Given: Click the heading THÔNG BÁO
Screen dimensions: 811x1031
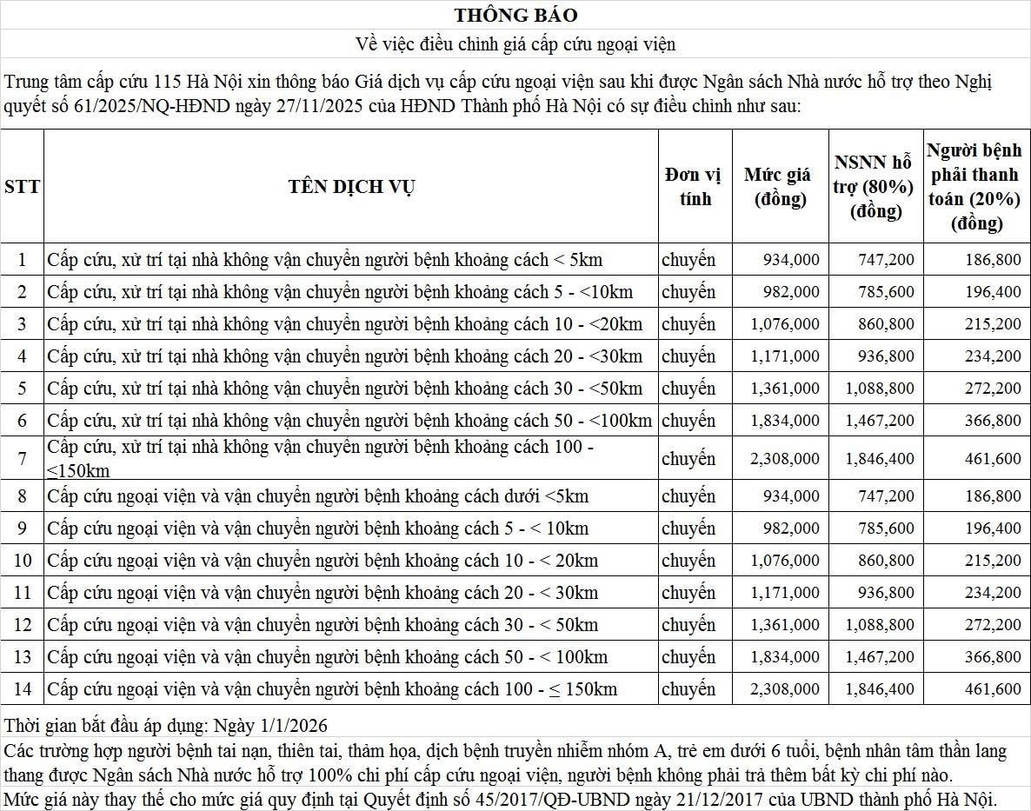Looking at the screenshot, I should click(515, 15).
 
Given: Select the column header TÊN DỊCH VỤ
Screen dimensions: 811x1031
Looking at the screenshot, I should click(351, 187).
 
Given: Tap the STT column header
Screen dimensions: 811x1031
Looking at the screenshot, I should click(22, 187).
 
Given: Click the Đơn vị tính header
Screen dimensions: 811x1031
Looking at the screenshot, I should click(694, 187).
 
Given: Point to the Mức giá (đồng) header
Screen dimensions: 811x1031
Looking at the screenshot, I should click(780, 187).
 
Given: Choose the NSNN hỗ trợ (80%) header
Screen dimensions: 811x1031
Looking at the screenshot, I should click(874, 187).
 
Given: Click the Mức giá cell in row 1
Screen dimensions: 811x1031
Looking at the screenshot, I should click(791, 260).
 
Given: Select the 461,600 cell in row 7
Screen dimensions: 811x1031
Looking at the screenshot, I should click(993, 458).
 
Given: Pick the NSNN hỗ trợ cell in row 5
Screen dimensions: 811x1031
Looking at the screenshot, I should click(880, 389).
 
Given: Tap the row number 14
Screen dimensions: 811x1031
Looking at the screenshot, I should click(22, 689).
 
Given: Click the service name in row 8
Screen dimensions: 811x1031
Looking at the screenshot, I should click(318, 496).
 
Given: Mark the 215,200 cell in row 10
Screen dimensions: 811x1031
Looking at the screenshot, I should click(993, 561).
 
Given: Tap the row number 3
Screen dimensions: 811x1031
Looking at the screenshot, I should click(22, 324).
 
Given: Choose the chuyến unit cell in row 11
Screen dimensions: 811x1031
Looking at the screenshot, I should click(688, 593).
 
